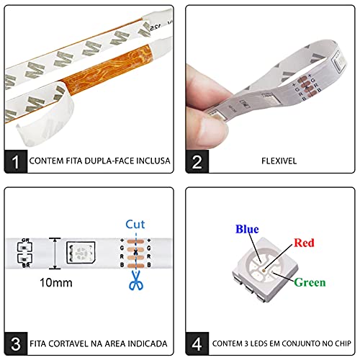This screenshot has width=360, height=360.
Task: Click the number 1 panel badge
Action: click(16, 161)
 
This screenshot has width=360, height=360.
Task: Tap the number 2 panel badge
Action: click(197, 161)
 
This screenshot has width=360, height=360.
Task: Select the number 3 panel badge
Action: click(16, 343)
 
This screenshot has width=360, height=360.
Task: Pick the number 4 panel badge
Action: click(197, 343)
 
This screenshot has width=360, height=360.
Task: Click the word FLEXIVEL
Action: click(279, 161)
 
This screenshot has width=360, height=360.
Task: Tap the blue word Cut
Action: click(135, 225)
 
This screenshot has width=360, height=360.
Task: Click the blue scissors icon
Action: click(136, 280)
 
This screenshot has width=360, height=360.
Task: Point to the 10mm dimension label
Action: click(56, 283)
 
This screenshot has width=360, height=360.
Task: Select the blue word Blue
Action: click(247, 229)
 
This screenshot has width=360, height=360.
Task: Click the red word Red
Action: click(304, 243)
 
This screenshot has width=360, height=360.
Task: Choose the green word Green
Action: click(310, 282)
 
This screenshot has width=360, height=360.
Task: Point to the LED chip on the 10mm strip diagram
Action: click(81, 253)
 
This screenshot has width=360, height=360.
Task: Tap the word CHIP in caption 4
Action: click(343, 343)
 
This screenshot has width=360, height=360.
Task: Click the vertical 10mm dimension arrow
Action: click(55, 253)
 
